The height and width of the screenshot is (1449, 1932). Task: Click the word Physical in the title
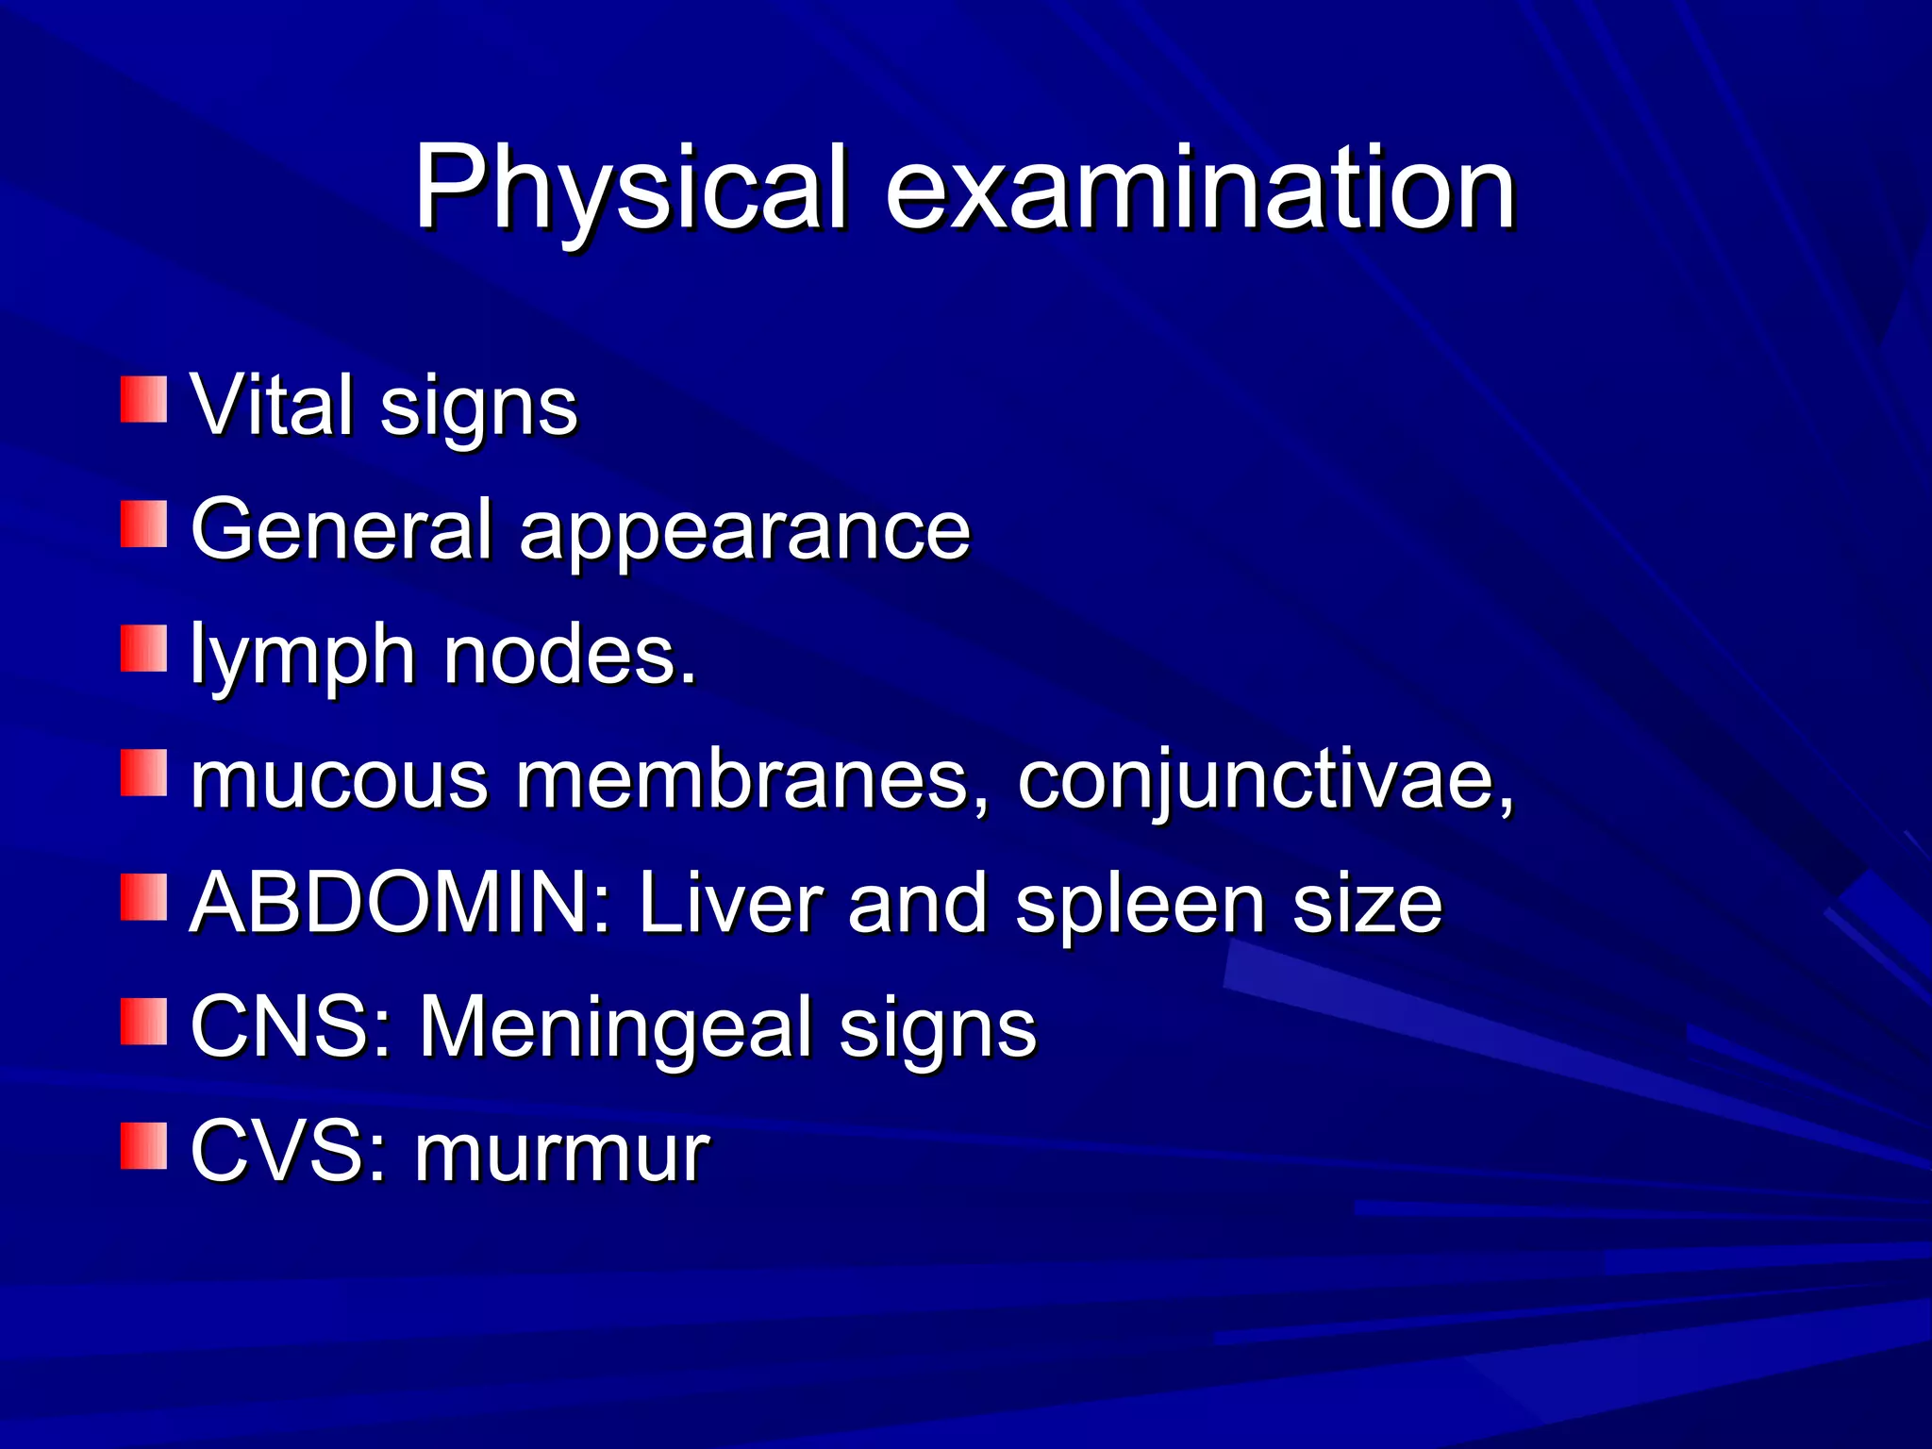(x=630, y=188)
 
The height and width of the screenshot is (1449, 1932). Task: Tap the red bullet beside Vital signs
(x=143, y=399)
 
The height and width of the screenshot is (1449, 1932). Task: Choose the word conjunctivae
(x=1264, y=781)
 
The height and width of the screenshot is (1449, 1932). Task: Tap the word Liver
(x=729, y=903)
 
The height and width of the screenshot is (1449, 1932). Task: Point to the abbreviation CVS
(x=287, y=1152)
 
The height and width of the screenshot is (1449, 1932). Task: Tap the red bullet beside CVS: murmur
(x=143, y=1146)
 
